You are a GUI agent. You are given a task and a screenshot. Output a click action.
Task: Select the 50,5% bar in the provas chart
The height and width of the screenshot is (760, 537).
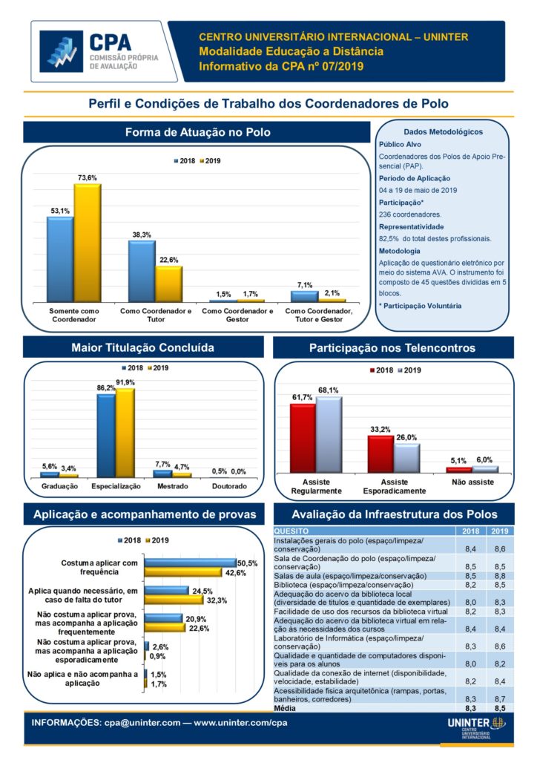click(x=190, y=563)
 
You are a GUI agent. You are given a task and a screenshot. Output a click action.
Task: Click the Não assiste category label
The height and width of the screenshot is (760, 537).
click(x=472, y=482)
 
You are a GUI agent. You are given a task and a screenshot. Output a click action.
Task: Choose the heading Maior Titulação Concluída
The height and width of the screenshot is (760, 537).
click(x=143, y=347)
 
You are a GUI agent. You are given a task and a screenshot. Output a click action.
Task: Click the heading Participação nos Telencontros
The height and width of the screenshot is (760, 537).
click(x=392, y=347)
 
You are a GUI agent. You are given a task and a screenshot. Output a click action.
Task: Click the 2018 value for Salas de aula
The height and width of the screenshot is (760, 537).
click(x=470, y=576)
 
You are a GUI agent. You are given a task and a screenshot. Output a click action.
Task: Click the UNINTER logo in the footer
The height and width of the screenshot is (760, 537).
click(x=478, y=726)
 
